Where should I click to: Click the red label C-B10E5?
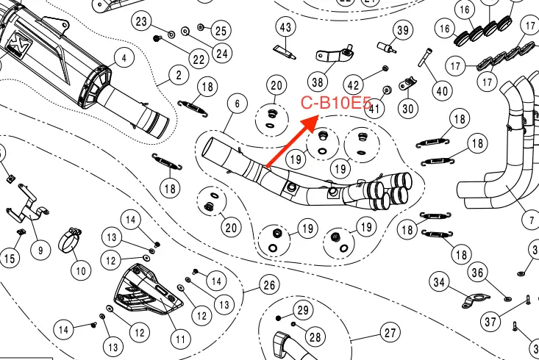click(336, 102)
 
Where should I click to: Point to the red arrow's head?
click(311, 123)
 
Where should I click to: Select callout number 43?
click(285, 27)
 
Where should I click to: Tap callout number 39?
click(402, 30)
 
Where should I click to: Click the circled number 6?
click(238, 104)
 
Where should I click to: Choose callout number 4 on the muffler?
click(124, 58)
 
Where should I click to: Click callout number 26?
click(269, 285)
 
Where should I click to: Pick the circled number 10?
click(81, 271)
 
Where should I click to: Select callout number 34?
click(439, 282)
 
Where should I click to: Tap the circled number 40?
click(442, 91)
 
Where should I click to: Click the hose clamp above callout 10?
click(71, 240)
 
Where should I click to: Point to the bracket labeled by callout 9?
click(26, 204)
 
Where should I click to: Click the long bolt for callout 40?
click(425, 57)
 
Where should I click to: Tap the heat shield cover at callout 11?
click(148, 289)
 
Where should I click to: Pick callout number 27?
click(390, 333)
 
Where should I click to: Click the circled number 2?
click(179, 75)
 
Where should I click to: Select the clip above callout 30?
click(408, 84)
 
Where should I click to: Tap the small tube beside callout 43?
click(285, 51)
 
